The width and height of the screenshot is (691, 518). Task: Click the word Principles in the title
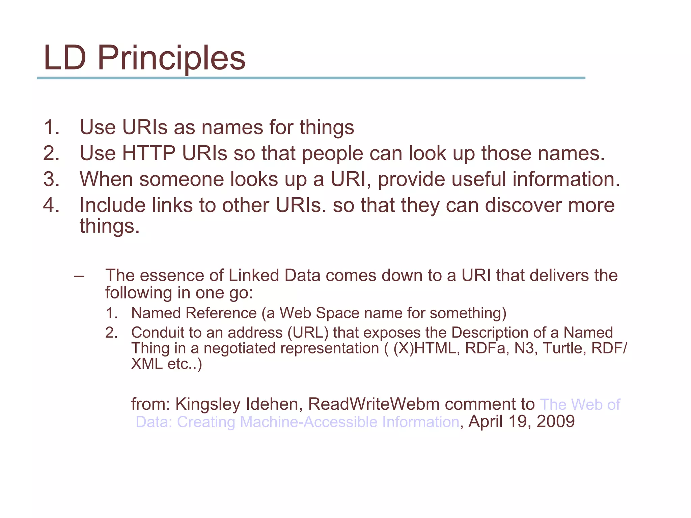[x=171, y=59]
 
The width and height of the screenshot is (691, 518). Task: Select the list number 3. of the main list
[x=51, y=179]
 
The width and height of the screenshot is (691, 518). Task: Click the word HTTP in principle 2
[x=148, y=153]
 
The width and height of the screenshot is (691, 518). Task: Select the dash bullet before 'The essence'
[x=78, y=276]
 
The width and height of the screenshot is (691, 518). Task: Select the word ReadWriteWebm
[x=374, y=404]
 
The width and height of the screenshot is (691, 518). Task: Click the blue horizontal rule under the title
[x=311, y=78]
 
